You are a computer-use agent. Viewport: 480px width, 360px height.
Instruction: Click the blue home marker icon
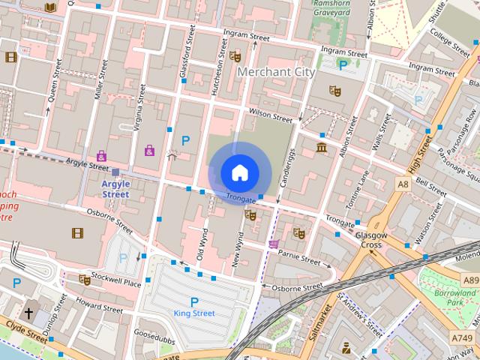(x=238, y=172)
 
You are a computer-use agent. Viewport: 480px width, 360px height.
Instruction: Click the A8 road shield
(x=403, y=183)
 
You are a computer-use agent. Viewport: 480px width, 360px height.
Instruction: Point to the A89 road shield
(x=470, y=280)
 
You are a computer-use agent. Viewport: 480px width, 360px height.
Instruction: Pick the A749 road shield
(x=462, y=338)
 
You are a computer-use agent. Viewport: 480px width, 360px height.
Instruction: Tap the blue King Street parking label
(x=193, y=313)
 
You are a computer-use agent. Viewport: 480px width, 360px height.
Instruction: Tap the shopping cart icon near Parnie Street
(x=274, y=244)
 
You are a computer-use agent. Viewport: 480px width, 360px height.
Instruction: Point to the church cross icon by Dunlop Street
(x=29, y=313)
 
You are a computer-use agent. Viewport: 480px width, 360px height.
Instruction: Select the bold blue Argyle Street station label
(x=115, y=189)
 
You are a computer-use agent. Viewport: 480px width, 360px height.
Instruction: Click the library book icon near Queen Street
(x=50, y=7)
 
